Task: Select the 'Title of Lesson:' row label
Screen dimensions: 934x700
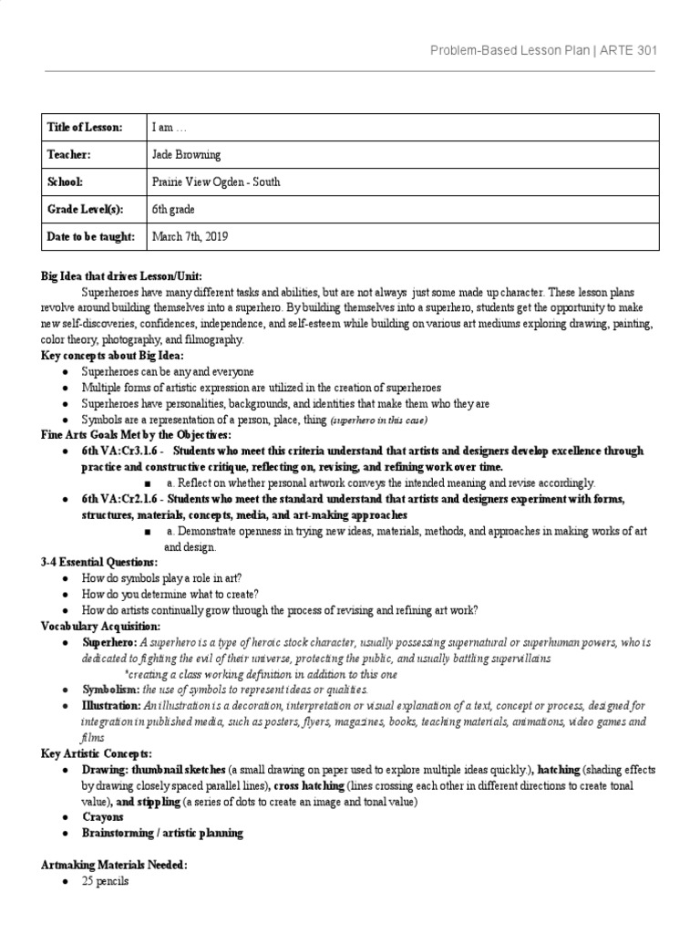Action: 83,127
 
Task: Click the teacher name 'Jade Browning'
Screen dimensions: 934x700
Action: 186,155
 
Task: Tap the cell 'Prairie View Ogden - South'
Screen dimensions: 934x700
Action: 216,182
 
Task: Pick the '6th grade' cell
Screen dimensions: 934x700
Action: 175,209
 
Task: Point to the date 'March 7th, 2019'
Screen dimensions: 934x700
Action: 190,236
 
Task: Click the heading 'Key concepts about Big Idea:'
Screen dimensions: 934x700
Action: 113,355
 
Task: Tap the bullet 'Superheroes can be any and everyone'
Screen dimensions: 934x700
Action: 168,372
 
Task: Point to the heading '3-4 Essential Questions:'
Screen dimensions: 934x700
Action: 99,563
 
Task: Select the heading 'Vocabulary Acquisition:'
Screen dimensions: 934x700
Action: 100,626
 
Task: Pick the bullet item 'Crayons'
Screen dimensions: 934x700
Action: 103,817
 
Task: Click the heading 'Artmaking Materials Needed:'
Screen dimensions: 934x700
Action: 114,864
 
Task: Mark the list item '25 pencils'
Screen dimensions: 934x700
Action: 105,882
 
